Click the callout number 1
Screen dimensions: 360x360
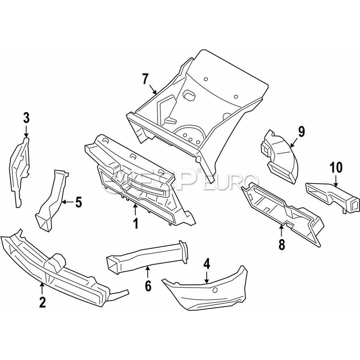pos(136,223)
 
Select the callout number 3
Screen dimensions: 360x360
pos(26,118)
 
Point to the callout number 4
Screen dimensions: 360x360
pos(206,264)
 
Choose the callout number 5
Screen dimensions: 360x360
pos(78,202)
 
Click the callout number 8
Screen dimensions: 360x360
pos(282,244)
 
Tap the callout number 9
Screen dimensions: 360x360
pos(301,131)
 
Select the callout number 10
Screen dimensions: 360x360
pos(336,166)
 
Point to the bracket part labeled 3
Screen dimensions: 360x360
pos(20,168)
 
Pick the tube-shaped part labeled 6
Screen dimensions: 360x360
pos(144,256)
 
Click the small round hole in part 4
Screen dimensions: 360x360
pos(215,290)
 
